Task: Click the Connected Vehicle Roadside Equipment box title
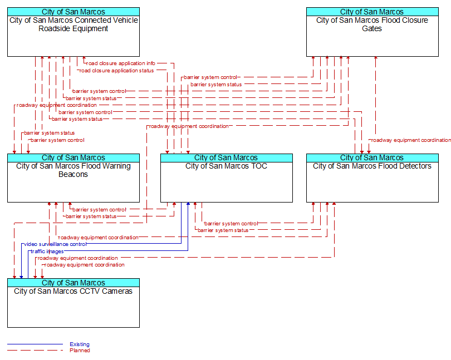click(x=73, y=24)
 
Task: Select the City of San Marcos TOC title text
click(x=227, y=166)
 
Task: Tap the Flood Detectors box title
click(x=372, y=166)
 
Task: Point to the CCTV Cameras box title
click(x=73, y=291)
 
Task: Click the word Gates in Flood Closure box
click(x=372, y=28)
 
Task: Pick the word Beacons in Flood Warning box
click(x=73, y=174)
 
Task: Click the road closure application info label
click(x=121, y=63)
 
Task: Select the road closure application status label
click(x=116, y=71)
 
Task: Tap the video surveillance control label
click(x=55, y=244)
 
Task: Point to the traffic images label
click(x=47, y=251)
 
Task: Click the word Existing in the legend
click(x=80, y=344)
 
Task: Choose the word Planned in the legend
click(x=80, y=350)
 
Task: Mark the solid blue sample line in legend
click(x=35, y=344)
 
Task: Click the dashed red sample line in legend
click(x=35, y=350)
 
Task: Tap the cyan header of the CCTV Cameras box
click(x=73, y=283)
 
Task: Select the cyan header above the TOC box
click(x=227, y=158)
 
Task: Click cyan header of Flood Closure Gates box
click(x=372, y=12)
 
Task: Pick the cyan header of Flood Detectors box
click(x=372, y=158)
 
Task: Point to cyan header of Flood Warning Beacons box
click(x=73, y=158)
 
